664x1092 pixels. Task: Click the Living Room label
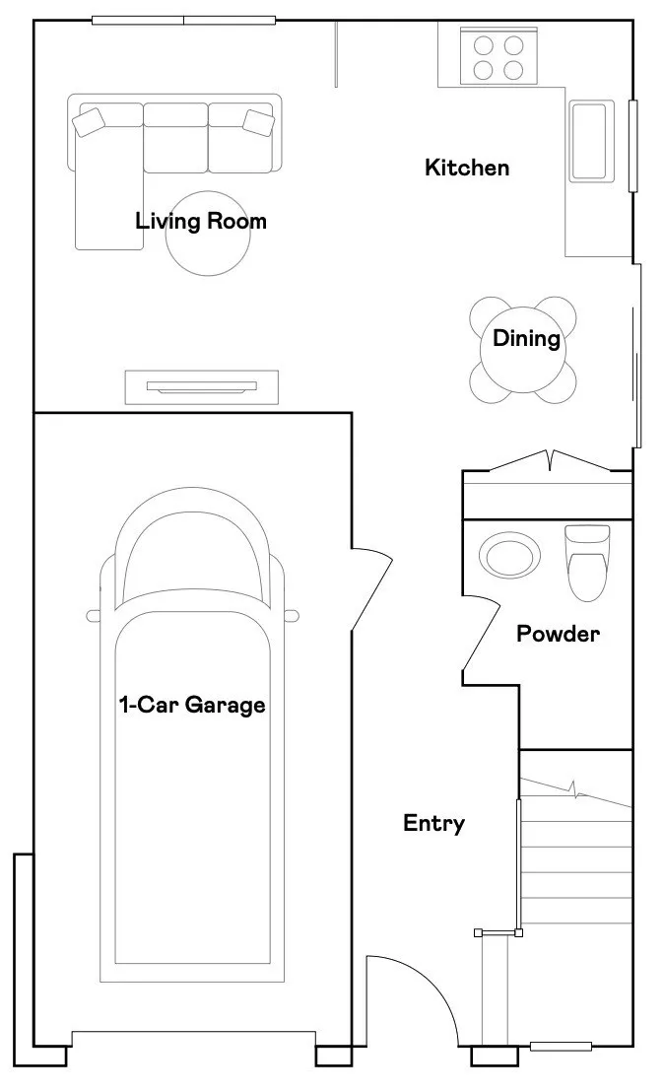(200, 222)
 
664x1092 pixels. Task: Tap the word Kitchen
(467, 168)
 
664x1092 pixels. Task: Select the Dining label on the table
(526, 338)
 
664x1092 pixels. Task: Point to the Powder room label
(558, 634)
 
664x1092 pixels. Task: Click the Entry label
(433, 823)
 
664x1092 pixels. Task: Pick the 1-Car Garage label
(192, 705)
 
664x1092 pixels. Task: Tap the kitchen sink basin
(592, 141)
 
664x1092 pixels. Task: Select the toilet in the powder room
(587, 563)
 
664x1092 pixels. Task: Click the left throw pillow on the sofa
(89, 121)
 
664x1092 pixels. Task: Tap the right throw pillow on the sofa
(258, 121)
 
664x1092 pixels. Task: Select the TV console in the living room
(202, 386)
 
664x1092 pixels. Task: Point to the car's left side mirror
(94, 616)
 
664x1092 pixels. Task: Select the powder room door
(481, 634)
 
